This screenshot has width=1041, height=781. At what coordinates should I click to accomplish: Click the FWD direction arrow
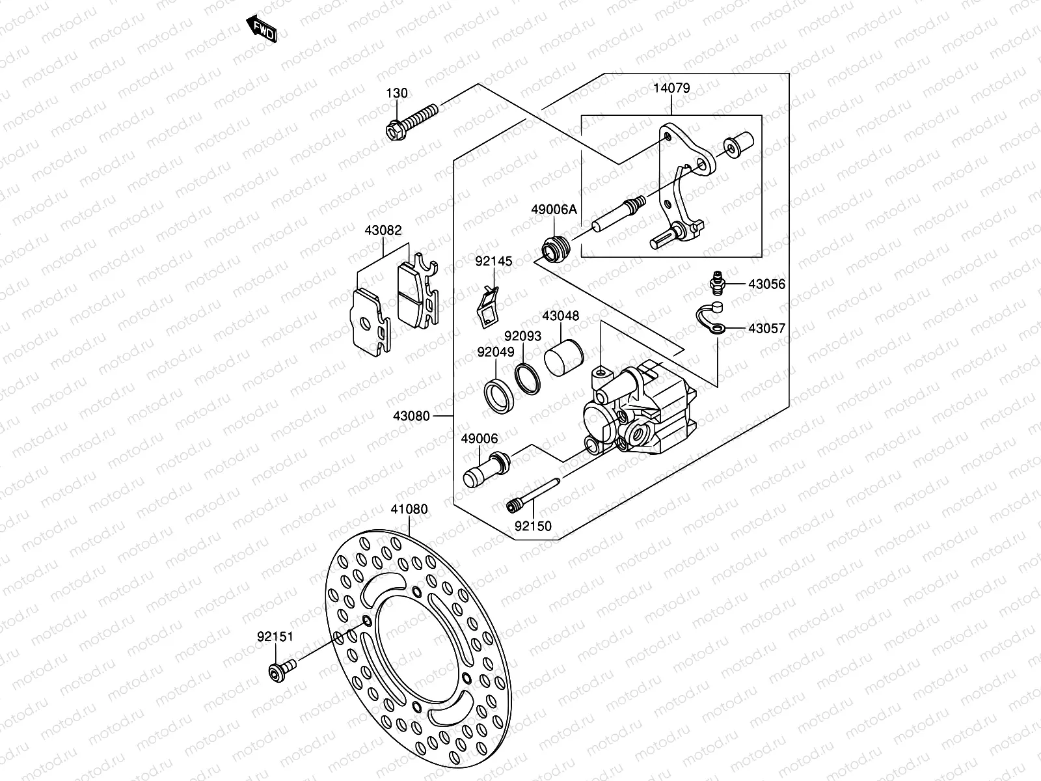[262, 30]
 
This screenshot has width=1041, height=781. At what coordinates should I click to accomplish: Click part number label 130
[397, 93]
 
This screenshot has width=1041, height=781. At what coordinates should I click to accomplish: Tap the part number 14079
[671, 88]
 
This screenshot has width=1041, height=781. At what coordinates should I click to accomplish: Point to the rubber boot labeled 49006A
[556, 249]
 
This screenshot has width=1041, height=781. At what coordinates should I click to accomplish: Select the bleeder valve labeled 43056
[716, 284]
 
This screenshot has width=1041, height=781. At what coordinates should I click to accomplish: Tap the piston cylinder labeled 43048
[563, 358]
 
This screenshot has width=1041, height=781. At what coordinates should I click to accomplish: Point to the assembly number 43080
[411, 415]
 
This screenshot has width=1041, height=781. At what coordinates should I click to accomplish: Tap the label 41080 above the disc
[409, 509]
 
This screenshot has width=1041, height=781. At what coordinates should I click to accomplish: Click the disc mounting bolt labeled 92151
[282, 671]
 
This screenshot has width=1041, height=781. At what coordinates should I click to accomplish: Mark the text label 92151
[275, 637]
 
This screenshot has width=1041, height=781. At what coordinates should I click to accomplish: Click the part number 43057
[766, 329]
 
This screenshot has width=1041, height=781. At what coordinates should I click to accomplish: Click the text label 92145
[493, 261]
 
